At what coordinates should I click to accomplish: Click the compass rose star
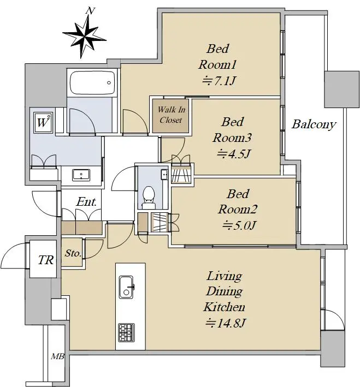[84, 37]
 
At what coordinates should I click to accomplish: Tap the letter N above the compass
[91, 11]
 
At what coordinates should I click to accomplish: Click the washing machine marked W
[44, 123]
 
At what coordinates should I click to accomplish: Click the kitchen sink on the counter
[126, 287]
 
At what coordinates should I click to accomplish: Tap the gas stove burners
[126, 332]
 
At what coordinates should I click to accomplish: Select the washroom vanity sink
[81, 175]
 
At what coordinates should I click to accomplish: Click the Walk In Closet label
[171, 115]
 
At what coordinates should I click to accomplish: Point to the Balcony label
[314, 124]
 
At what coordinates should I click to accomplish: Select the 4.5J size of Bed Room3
[234, 153]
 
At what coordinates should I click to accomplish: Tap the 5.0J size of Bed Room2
[239, 225]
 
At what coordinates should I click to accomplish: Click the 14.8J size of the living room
[226, 323]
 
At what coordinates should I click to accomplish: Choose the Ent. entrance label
[86, 201]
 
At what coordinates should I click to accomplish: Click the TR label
[46, 260]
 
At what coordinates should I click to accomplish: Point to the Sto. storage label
[73, 253]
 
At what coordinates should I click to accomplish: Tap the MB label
[57, 356]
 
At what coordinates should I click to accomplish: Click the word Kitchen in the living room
[224, 307]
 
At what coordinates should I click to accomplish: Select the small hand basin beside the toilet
[164, 175]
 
